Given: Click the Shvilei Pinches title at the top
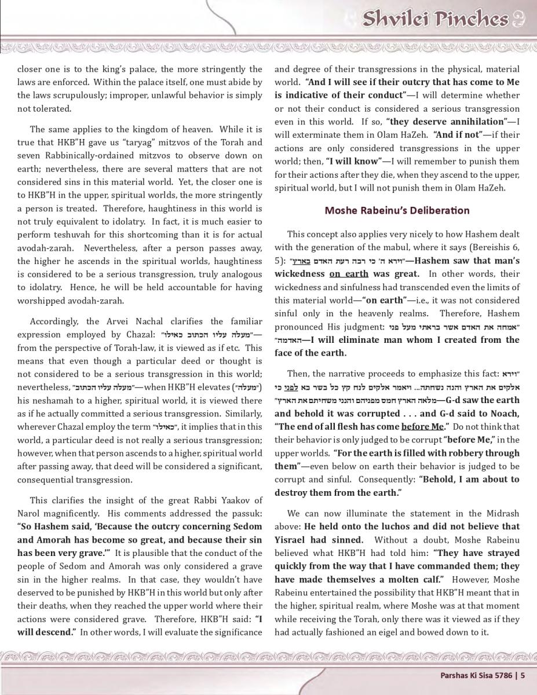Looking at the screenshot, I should pyautogui.click(x=436, y=19).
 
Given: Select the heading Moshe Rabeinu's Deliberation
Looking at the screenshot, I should pyautogui.click(x=397, y=210).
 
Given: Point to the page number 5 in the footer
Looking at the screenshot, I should pyautogui.click(x=523, y=675).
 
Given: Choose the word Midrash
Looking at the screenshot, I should pyautogui.click(x=502, y=513).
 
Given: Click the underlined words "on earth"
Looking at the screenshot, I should pyautogui.click(x=349, y=274).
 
